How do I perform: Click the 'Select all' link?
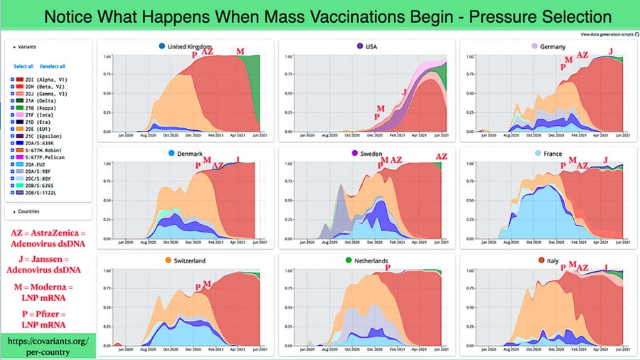click(x=23, y=66)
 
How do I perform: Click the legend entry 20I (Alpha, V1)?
click(x=43, y=81)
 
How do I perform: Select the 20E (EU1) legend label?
click(x=36, y=127)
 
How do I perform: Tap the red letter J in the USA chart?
click(x=405, y=92)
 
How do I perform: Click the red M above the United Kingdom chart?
click(x=240, y=52)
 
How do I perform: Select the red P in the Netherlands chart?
click(x=388, y=268)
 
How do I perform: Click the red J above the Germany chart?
click(x=610, y=51)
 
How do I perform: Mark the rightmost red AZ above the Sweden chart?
click(x=441, y=157)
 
